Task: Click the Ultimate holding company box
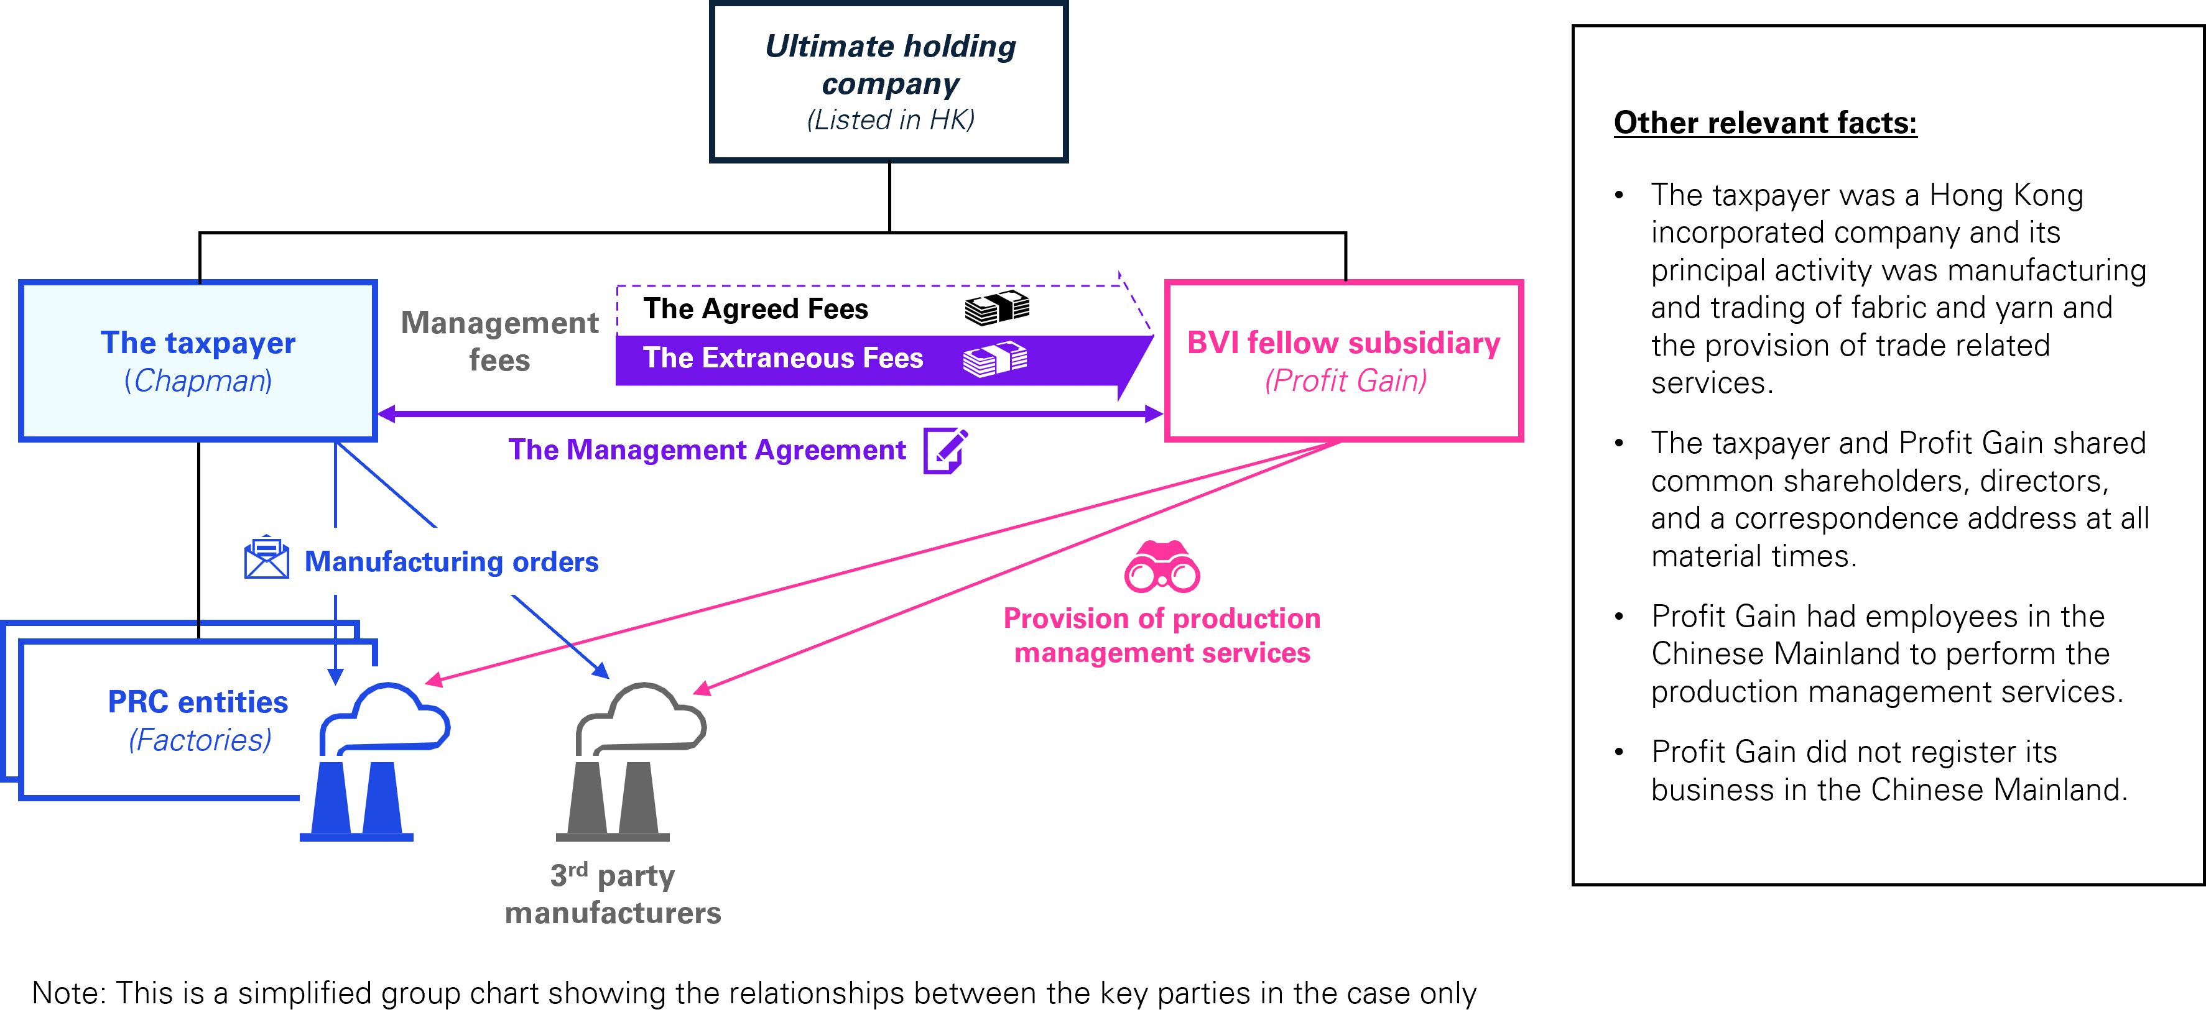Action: [x=889, y=82]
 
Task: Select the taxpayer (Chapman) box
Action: [x=198, y=361]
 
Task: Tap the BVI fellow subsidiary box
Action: [x=1343, y=361]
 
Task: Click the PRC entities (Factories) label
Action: [x=198, y=720]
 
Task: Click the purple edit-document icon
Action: [x=945, y=451]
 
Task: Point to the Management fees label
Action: [x=499, y=341]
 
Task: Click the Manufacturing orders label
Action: [x=452, y=562]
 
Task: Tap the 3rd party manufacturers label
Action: [x=613, y=894]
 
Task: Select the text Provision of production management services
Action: [x=1162, y=635]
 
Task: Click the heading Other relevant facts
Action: [x=1765, y=123]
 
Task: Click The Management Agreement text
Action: [x=707, y=451]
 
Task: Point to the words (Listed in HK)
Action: [x=891, y=120]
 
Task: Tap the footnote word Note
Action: [x=68, y=993]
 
